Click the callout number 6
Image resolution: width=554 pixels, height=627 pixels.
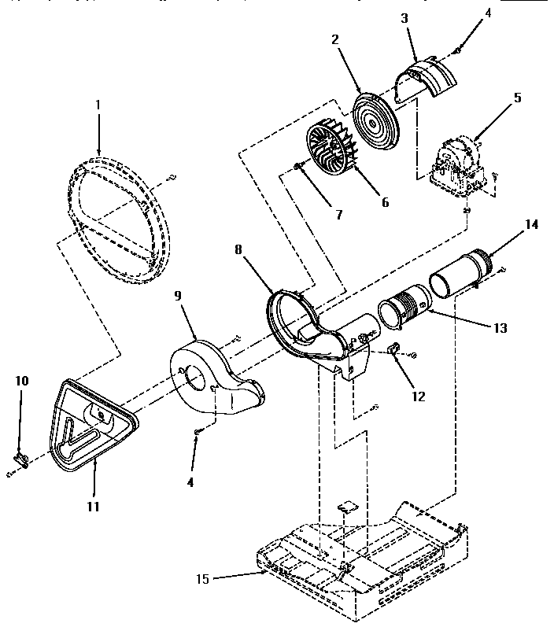(385, 202)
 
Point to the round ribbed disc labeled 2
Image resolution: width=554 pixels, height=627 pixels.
(374, 114)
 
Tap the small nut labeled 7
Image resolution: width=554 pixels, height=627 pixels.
(297, 166)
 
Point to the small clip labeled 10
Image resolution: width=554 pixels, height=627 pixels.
(22, 460)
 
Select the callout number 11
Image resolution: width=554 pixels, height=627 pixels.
(93, 506)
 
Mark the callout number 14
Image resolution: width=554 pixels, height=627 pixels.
(531, 223)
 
